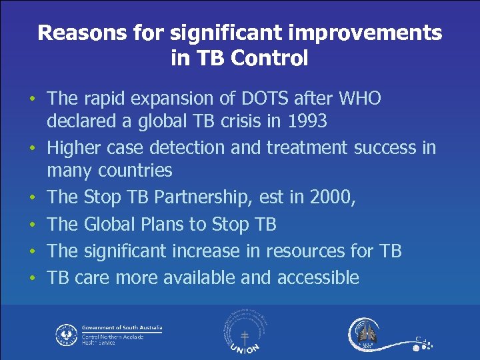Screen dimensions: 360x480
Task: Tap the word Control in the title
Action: point(269,59)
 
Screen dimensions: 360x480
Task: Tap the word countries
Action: point(135,171)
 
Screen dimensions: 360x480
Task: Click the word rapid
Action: point(105,99)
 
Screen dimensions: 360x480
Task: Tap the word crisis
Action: point(255,122)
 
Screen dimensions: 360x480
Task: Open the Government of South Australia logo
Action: point(109,334)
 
